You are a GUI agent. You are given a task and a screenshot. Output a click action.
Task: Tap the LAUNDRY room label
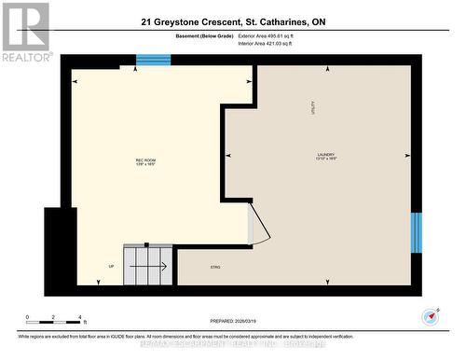pos(325,155)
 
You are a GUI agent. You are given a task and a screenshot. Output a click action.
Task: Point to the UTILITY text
pos(313,108)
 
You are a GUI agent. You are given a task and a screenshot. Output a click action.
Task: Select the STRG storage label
pos(214,268)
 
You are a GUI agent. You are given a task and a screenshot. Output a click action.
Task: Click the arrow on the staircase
pos(148,267)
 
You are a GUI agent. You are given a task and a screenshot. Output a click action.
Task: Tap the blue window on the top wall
pos(153,61)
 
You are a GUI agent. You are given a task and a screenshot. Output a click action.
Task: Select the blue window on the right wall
pos(417,232)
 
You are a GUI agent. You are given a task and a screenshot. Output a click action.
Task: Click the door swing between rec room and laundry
pos(260,225)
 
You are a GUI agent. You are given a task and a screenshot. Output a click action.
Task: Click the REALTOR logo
pos(25,32)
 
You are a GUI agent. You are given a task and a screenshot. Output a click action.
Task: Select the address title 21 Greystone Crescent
pos(233,21)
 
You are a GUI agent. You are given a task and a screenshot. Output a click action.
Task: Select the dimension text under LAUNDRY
pos(325,160)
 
